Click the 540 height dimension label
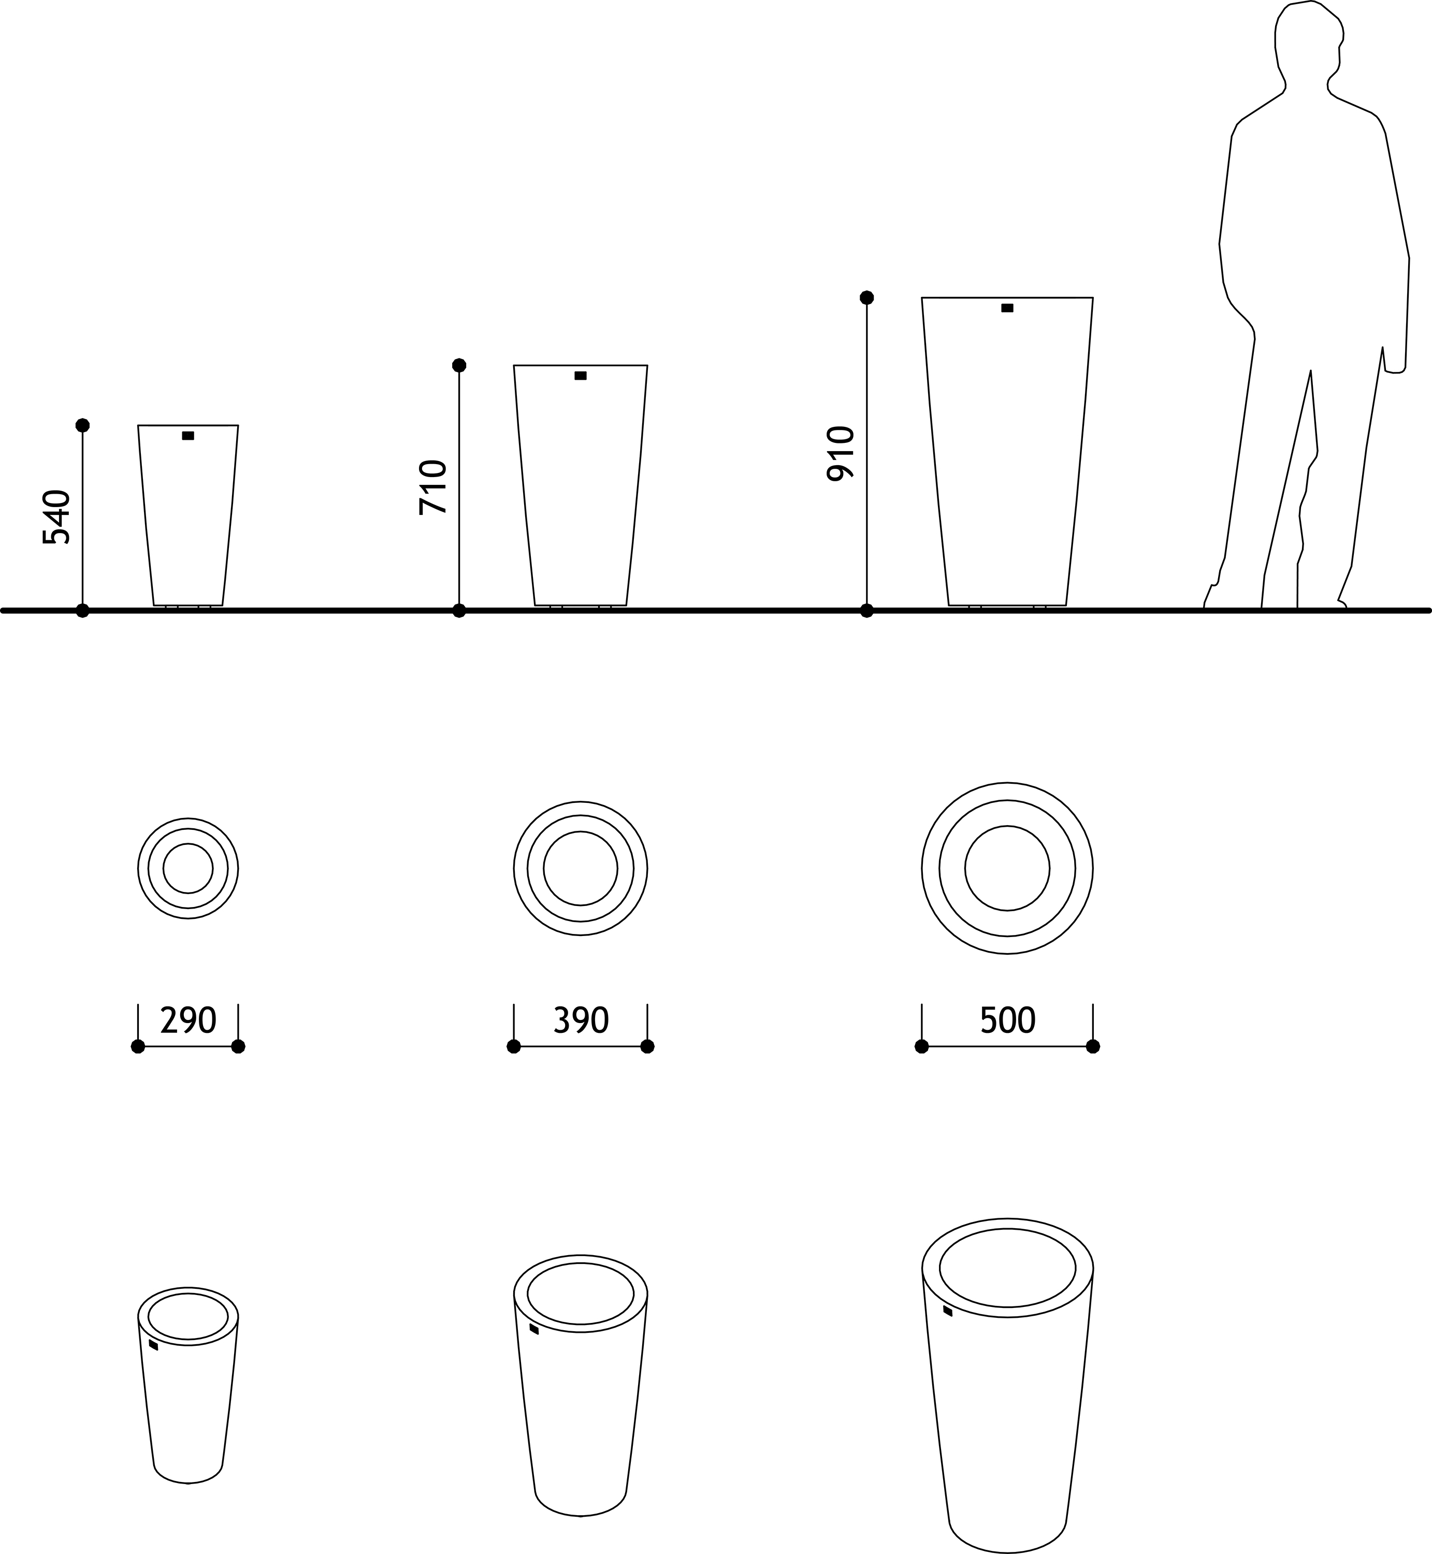point(56,517)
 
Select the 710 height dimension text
point(433,487)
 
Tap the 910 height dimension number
point(840,453)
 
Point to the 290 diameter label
point(189,1021)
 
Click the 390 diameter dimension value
point(581,1021)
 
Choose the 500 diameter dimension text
point(1007,1021)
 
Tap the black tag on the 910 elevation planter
point(1007,308)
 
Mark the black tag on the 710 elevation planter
point(581,376)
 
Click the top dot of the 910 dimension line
point(867,298)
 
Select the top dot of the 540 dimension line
point(83,425)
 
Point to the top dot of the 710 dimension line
point(459,365)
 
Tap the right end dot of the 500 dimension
point(1093,1047)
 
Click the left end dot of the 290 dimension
point(138,1047)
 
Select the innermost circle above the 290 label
point(189,844)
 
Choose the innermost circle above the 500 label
point(1007,826)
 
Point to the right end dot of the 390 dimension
point(648,1047)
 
